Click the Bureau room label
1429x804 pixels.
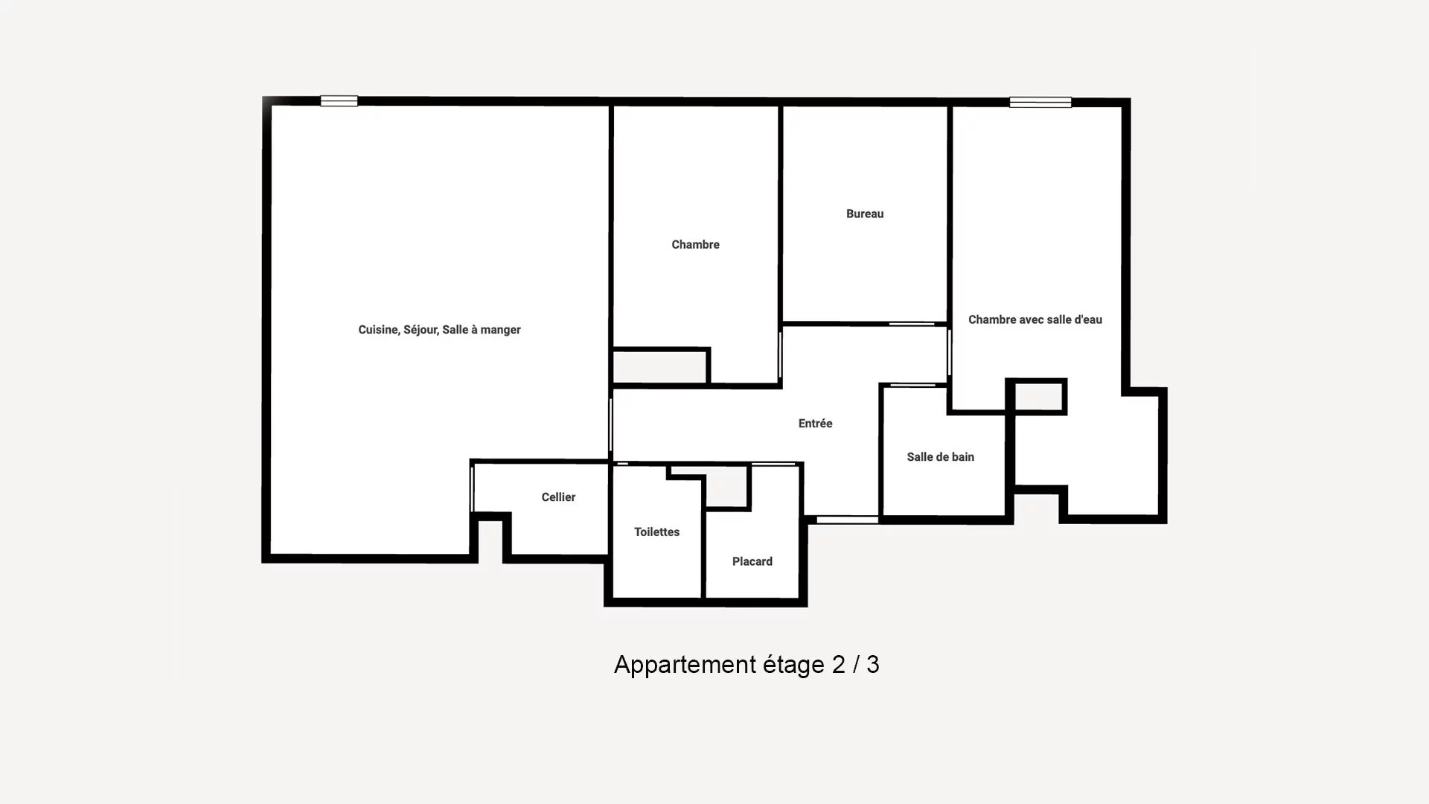coord(865,214)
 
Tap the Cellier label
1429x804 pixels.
coord(558,497)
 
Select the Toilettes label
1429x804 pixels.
coord(656,532)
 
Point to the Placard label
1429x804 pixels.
coord(752,561)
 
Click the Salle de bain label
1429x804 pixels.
coord(940,457)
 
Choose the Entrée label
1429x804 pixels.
coord(815,424)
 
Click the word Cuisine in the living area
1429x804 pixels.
coord(378,330)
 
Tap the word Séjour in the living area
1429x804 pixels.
coord(421,330)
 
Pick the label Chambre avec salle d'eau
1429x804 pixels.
coord(1035,319)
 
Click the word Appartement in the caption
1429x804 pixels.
coord(685,665)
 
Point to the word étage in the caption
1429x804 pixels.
coord(794,665)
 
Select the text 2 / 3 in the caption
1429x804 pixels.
coord(855,664)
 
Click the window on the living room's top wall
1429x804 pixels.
coord(339,101)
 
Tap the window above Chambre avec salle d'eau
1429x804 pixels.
coord(1040,103)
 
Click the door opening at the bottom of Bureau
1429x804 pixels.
coord(912,324)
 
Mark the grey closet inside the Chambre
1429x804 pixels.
coord(659,368)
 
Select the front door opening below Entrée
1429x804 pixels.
coord(848,520)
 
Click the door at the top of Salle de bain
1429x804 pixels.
coord(913,385)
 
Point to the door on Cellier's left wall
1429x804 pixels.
coord(472,488)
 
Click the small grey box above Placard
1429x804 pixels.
coord(726,487)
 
